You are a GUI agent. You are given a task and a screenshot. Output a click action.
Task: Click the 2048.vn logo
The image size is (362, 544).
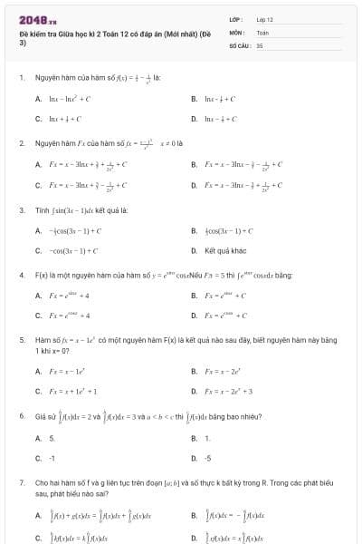[37, 18]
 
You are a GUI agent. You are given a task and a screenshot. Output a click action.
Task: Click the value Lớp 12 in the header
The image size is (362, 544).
[265, 19]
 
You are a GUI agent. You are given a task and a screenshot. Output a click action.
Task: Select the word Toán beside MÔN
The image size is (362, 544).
[263, 32]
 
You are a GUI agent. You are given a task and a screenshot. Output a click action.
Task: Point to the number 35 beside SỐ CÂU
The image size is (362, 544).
[260, 44]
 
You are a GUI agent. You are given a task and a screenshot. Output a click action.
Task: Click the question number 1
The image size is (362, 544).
[21, 78]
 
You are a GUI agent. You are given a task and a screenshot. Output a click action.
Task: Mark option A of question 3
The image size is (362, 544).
[72, 230]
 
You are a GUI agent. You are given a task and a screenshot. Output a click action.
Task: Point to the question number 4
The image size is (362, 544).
[21, 274]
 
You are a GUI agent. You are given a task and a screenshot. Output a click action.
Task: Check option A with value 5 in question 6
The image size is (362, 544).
[52, 438]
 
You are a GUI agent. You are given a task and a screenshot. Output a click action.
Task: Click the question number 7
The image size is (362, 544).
[21, 485]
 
